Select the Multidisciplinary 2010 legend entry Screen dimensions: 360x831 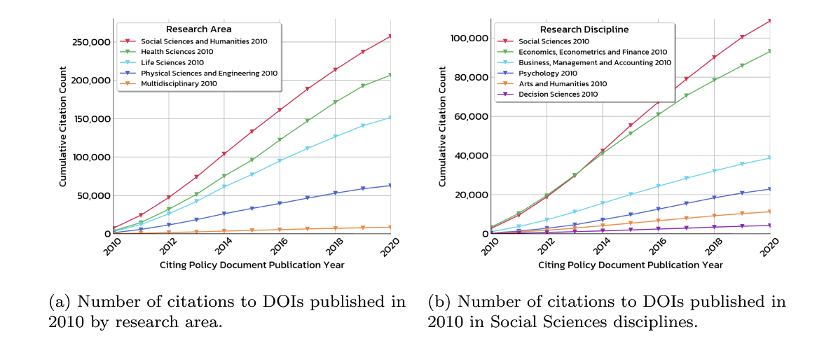[x=179, y=83]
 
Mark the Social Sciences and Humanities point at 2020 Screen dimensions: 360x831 [x=390, y=36]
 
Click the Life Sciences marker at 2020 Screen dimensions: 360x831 [x=390, y=118]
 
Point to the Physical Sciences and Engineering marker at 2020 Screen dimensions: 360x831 [x=390, y=185]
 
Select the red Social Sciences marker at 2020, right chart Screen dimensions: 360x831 [x=769, y=20]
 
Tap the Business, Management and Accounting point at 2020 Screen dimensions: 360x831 [x=769, y=158]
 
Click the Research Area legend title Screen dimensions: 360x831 [x=199, y=29]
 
